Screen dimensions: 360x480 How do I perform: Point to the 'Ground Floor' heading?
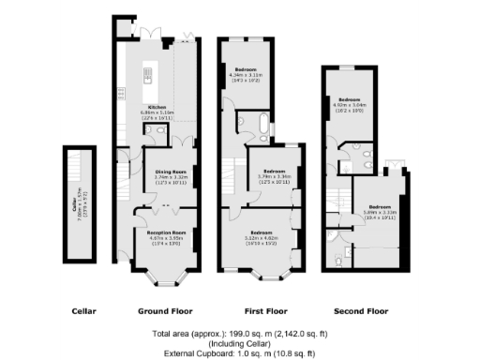(159, 310)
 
